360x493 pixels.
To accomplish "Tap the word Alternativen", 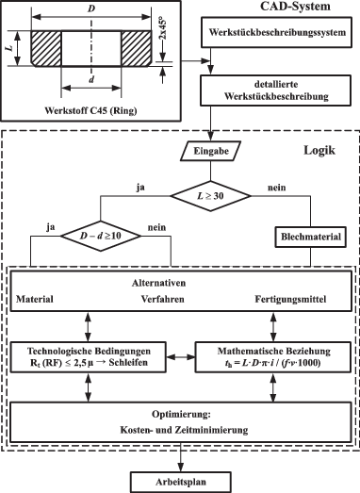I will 183,282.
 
